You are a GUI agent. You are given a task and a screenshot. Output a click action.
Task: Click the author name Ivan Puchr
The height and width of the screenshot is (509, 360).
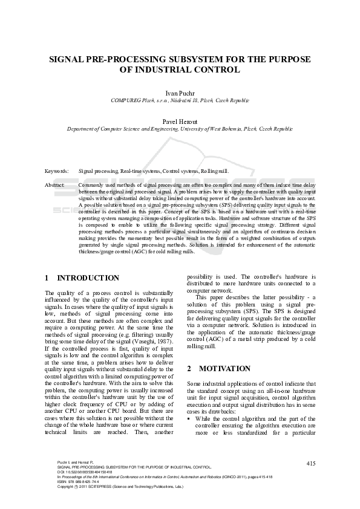click(x=180, y=92)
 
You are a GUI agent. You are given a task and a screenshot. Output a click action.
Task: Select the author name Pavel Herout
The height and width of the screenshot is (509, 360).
click(x=180, y=121)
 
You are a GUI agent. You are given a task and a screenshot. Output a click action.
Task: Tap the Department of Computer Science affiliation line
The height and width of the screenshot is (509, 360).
click(x=180, y=129)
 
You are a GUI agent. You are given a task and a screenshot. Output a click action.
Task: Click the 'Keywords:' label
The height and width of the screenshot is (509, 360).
click(x=57, y=172)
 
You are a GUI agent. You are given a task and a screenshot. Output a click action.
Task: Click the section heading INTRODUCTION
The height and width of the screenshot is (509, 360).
click(x=88, y=278)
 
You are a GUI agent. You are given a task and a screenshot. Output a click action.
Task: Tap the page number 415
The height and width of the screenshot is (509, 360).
click(x=310, y=463)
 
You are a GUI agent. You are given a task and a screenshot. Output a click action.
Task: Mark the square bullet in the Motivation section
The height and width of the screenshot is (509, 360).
click(x=189, y=418)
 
